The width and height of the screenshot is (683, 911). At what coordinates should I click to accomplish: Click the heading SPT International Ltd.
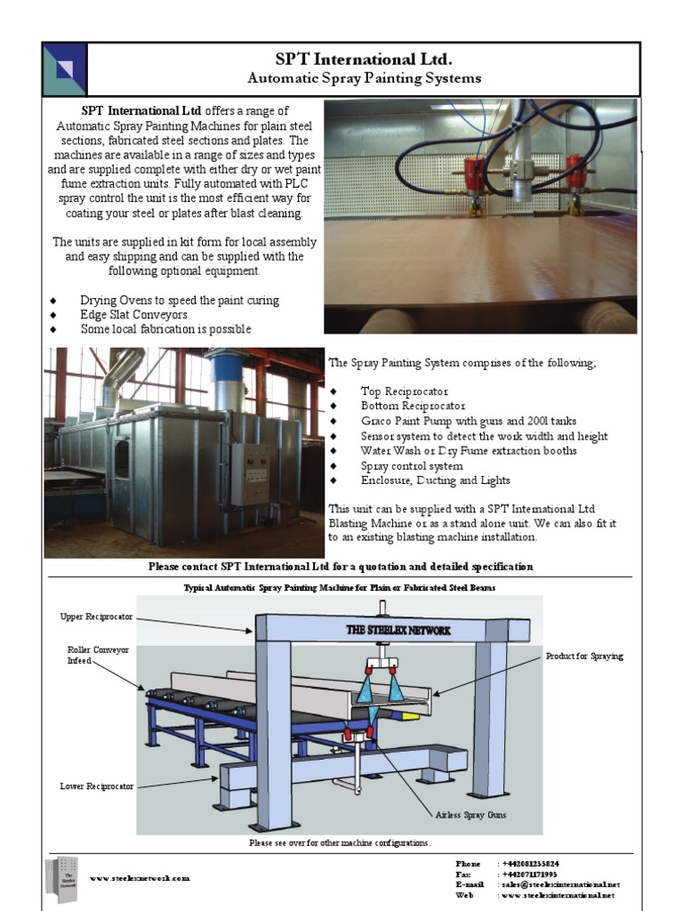[364, 60]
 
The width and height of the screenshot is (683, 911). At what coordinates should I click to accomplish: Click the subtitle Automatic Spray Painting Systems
[364, 78]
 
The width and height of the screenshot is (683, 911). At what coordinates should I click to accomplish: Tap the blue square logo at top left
[65, 69]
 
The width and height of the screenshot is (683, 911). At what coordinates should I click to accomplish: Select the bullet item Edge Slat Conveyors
[133, 315]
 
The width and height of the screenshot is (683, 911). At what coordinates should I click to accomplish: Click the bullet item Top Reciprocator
[405, 391]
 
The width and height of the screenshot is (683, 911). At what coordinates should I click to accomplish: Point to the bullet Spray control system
[411, 466]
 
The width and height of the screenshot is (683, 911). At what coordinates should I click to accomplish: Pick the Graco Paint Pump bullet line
[469, 422]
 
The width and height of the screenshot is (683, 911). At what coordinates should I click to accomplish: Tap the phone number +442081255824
[531, 864]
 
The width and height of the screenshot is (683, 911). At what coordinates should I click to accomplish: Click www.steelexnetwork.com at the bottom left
[139, 878]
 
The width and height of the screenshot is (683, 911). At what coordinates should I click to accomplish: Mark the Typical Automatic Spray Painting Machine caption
[339, 589]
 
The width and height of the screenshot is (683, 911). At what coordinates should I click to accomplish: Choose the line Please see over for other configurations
[339, 842]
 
